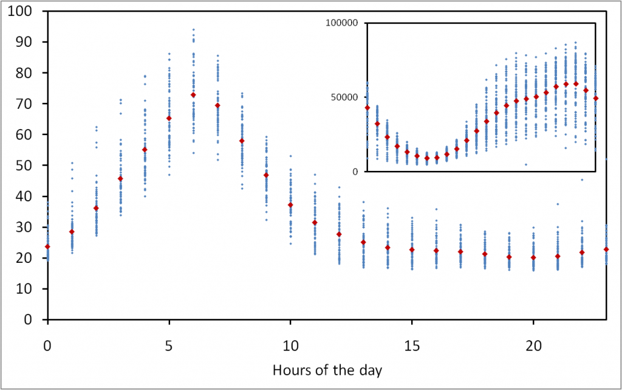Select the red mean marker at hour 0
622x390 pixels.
47,246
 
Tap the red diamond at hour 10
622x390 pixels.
290,205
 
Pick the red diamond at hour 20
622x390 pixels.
533,257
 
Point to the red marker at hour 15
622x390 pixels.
412,249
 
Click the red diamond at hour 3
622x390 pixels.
120,178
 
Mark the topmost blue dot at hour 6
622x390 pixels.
193,29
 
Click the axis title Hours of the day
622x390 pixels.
327,369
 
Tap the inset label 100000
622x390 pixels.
343,23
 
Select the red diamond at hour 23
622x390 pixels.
606,249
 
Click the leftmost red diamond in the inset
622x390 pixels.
367,108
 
